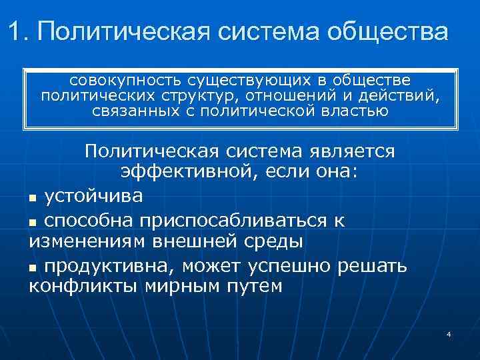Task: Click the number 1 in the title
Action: point(16,31)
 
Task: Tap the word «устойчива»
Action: point(93,197)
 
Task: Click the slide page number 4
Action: point(449,334)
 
